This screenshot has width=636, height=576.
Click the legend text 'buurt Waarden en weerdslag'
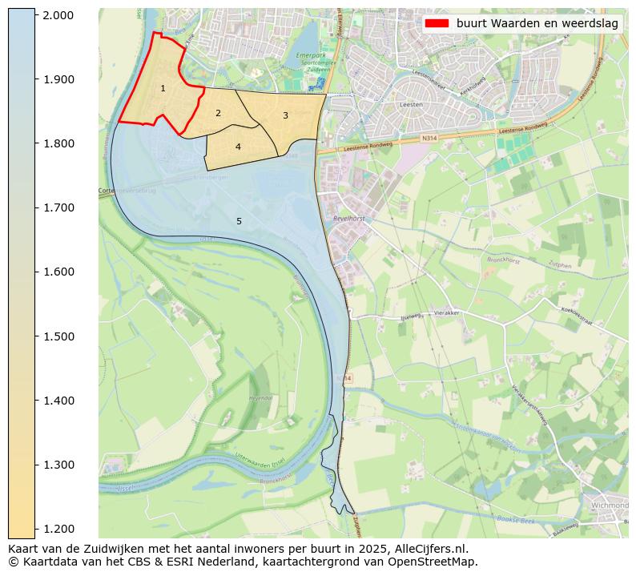point(537,23)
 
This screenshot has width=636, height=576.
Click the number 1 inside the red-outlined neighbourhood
point(163,88)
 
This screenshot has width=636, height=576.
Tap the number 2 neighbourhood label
point(218,113)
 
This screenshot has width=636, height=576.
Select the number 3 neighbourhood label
point(285,115)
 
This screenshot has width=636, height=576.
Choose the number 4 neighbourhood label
point(238,147)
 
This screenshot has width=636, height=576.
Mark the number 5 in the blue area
point(239,221)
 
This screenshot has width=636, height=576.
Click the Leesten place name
point(411,104)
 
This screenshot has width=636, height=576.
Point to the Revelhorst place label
point(349,217)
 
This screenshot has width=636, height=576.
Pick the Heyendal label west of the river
point(261,397)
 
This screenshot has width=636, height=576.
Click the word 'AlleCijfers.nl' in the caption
point(426,549)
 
